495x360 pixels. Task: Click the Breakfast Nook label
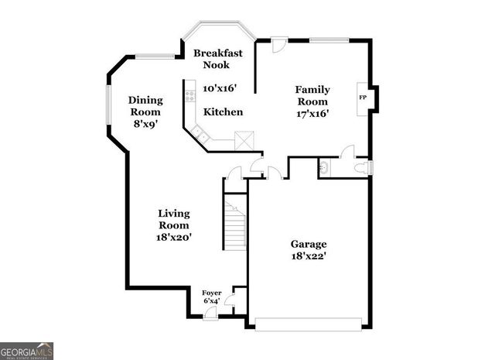coord(218,59)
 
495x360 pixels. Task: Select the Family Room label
coord(312,95)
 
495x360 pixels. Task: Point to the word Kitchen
coord(224,112)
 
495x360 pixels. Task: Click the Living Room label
coord(175,219)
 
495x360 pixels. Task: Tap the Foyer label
coord(211,293)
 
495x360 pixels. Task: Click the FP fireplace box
coord(362,98)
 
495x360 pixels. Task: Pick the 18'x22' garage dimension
coord(309,255)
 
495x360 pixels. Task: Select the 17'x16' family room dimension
coord(312,114)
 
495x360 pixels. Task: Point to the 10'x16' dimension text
coord(219,89)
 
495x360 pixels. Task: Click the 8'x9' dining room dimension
coord(145,123)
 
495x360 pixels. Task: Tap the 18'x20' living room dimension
coord(175,237)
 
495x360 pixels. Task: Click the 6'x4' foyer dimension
coord(211,300)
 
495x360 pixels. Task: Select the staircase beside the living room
coord(235,224)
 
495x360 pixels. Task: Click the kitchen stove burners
coord(188,97)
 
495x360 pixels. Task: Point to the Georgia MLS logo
coord(27,351)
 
